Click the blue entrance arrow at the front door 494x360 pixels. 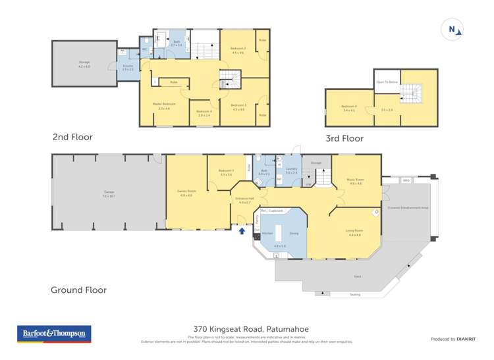(x=242, y=231)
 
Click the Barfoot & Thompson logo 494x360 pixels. (x=53, y=334)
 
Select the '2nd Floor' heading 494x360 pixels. (x=72, y=138)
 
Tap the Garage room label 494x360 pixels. (x=108, y=193)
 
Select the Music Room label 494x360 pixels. (x=355, y=180)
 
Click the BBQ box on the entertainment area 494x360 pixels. (x=406, y=178)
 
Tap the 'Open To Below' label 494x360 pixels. (x=385, y=82)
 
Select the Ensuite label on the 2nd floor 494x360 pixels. (x=128, y=68)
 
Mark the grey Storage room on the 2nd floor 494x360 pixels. (x=84, y=64)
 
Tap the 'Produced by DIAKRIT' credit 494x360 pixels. (x=453, y=339)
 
